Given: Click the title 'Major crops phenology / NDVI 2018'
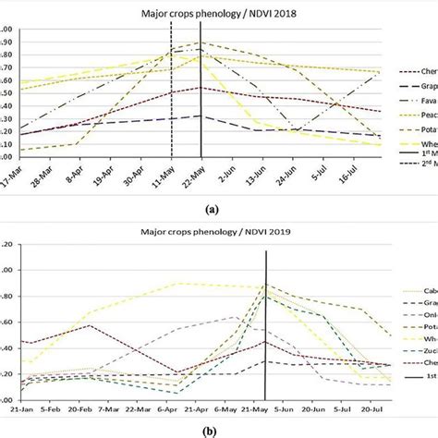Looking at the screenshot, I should [185, 14].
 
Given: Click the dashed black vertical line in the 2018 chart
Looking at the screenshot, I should [171, 102].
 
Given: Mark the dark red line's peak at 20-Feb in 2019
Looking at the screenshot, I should [90, 325].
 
